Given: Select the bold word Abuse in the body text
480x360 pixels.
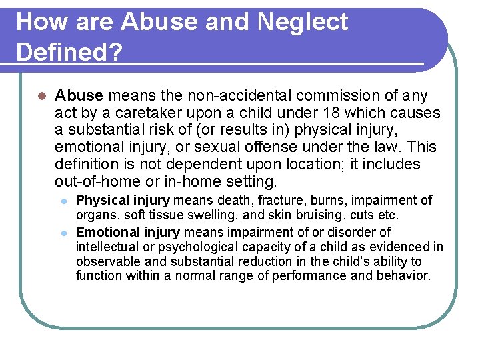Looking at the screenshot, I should click(x=79, y=96).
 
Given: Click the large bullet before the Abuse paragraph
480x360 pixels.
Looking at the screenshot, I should click(x=41, y=97).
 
